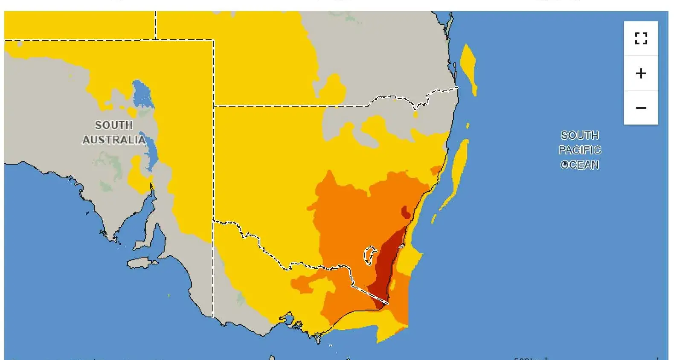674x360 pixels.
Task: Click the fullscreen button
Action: tap(641, 38)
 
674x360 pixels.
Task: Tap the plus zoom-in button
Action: tap(641, 73)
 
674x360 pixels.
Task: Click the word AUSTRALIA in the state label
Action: tap(113, 140)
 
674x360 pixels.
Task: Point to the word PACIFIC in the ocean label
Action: tap(580, 150)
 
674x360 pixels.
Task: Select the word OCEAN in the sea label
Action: tap(580, 165)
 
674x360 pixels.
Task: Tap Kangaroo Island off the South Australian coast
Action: tap(142, 263)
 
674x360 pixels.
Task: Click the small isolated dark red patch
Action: tap(406, 212)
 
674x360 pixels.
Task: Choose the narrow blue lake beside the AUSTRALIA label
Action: tap(151, 151)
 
